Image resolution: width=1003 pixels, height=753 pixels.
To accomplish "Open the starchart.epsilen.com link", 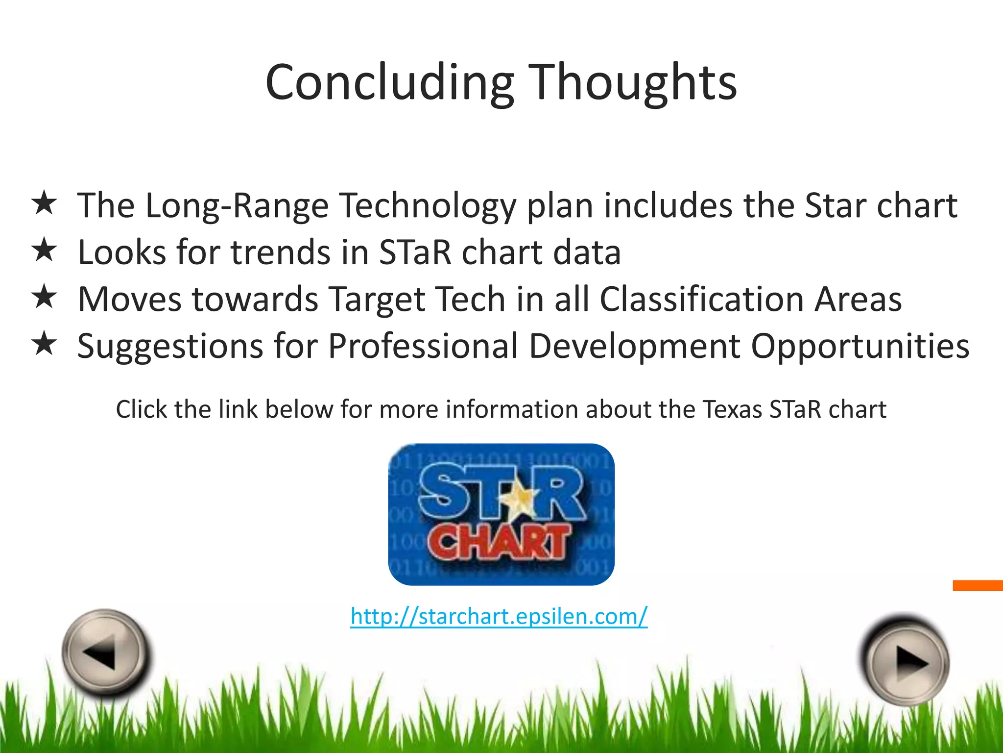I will (499, 616).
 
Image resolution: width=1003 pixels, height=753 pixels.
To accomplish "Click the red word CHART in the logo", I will (500, 542).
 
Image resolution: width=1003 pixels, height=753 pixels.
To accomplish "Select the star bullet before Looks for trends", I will (44, 250).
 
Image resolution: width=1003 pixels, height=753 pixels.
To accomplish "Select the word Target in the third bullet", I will (377, 300).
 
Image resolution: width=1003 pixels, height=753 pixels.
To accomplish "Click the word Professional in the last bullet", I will (423, 346).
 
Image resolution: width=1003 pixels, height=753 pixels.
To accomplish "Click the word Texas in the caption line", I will (732, 409).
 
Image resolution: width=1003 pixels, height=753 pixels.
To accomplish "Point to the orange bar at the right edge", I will (978, 585).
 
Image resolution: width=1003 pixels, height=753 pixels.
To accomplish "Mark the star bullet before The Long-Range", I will (44, 203).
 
